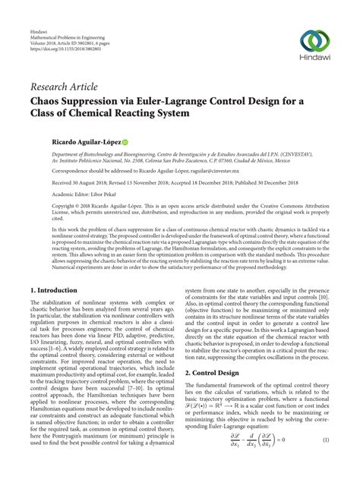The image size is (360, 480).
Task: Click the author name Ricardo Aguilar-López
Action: (64, 141)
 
